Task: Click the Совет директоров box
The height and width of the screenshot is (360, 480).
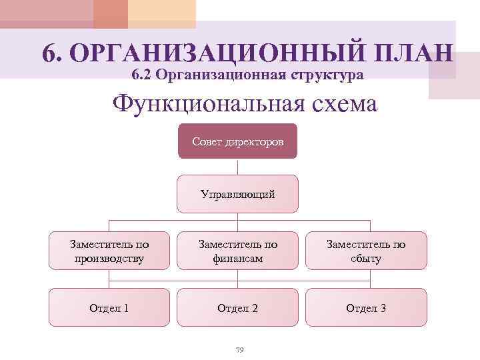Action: coord(237,141)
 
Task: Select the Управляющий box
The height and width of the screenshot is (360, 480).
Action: coord(237,193)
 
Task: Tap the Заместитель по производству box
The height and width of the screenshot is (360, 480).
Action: coord(109,251)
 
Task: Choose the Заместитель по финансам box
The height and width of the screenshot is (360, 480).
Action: coord(237,251)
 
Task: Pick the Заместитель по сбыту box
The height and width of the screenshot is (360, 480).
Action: coord(365,251)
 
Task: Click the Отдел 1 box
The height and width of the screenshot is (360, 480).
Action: coord(109,307)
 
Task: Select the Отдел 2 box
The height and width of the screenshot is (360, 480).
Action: coord(237,307)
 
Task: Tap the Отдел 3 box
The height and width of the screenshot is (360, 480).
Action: coord(365,307)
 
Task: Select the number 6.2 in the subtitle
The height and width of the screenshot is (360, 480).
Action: coord(144,75)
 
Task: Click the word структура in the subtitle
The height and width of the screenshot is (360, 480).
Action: coord(325,75)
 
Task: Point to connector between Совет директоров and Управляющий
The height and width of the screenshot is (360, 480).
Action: coord(237,167)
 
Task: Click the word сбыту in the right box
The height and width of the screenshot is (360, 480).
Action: coord(365,258)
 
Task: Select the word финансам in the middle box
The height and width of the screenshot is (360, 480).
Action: coord(237,258)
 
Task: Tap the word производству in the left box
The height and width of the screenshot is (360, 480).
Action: coord(109,258)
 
